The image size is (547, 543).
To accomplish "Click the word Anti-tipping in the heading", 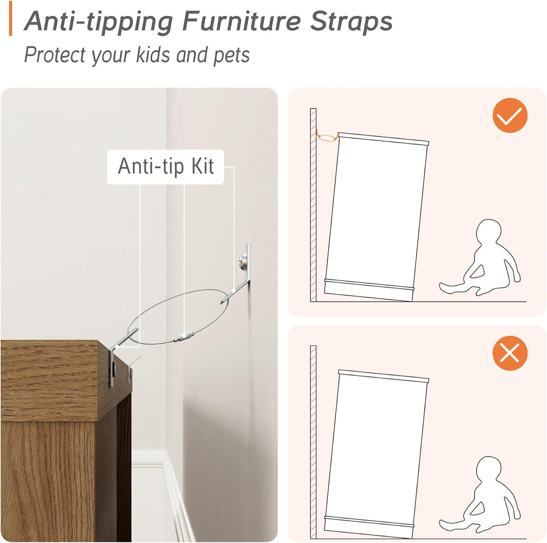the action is [98, 22].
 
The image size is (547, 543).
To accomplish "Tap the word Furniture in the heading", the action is [241, 21].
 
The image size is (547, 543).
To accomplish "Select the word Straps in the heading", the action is [351, 22].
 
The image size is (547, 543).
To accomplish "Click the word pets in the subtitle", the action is [231, 56].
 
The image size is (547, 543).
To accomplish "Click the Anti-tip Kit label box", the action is [166, 167].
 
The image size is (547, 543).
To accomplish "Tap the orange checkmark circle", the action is [510, 115].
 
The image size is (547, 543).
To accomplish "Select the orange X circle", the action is [510, 353].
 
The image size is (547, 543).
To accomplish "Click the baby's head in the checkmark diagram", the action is [489, 232].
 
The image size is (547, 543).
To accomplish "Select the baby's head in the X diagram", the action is [489, 469].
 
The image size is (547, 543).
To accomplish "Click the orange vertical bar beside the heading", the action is [11, 18].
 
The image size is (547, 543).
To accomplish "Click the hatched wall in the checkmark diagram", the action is [313, 205].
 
